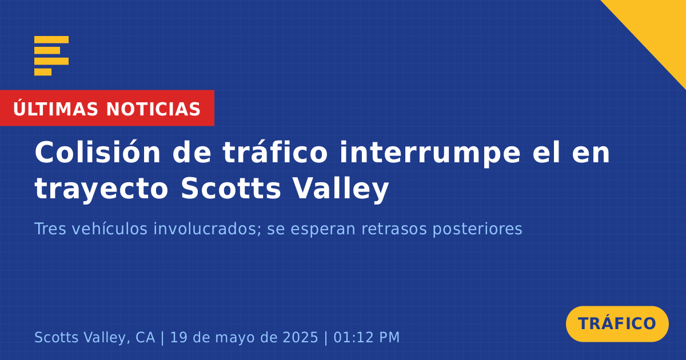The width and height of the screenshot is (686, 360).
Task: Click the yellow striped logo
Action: [x=51, y=56]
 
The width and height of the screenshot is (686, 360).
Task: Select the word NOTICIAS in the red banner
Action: [x=153, y=109]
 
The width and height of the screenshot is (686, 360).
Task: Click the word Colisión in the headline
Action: [x=98, y=152]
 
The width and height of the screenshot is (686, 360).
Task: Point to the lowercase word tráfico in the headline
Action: [x=275, y=152]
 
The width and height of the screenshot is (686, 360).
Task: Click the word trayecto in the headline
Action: [x=101, y=189]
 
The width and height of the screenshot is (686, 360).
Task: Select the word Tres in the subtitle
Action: [x=50, y=229]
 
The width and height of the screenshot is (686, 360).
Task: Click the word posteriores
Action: [x=477, y=229]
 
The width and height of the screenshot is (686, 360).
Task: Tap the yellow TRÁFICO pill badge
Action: [x=617, y=324]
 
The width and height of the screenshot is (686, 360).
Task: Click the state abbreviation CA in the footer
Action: [x=145, y=337]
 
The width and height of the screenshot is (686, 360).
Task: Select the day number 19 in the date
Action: [x=177, y=337]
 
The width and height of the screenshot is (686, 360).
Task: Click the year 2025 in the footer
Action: [x=301, y=337]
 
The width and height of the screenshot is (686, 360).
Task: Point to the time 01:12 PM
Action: [x=366, y=337]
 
